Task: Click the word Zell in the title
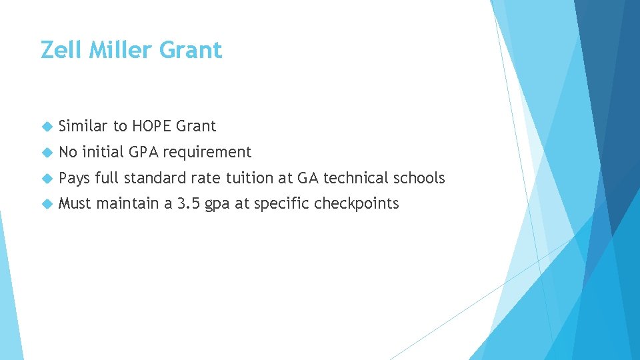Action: coord(57,50)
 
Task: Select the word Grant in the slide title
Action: coord(193,50)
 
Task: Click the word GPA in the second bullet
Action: coord(143,152)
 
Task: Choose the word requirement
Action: coord(207,153)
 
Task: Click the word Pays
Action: coord(74,178)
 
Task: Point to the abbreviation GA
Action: coord(308,178)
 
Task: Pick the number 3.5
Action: coord(188,204)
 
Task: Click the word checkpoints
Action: coord(357,204)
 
